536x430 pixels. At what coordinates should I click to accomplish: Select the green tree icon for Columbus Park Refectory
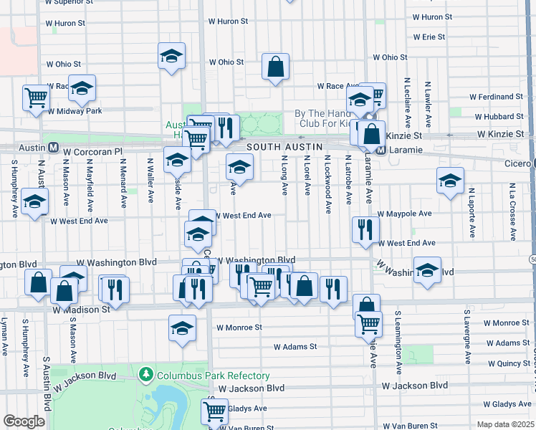[147, 375]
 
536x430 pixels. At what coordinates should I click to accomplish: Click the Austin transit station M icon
[53, 148]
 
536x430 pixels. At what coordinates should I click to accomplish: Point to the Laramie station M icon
[382, 150]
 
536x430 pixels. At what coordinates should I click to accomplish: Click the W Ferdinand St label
[496, 97]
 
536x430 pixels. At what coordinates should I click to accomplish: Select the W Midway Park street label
[75, 111]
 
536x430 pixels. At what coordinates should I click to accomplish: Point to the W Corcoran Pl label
[93, 152]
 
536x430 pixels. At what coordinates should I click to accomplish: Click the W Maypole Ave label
[405, 214]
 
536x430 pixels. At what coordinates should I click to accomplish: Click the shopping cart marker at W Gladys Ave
[214, 411]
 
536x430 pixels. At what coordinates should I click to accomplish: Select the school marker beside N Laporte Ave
[450, 181]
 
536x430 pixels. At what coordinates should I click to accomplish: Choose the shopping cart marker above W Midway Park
[36, 97]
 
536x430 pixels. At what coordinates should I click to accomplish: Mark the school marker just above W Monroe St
[182, 328]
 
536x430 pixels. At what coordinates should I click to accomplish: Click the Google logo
[24, 421]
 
